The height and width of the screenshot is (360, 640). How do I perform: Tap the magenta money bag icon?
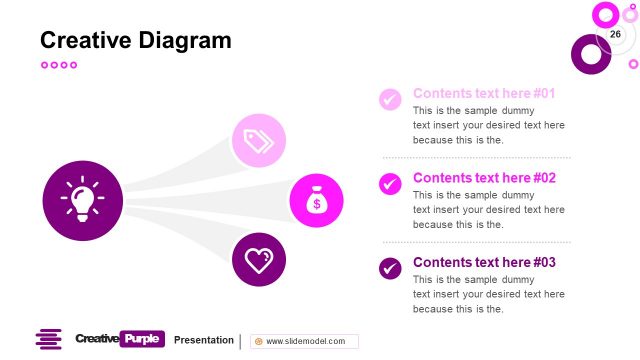[x=317, y=200]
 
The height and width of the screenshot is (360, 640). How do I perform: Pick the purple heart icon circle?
[x=259, y=260]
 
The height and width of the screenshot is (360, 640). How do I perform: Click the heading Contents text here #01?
[x=484, y=93]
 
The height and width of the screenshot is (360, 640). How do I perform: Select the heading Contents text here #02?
[x=484, y=178]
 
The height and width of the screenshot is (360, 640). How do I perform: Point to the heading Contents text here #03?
[x=484, y=262]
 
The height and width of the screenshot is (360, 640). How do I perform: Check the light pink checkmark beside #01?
[x=390, y=99]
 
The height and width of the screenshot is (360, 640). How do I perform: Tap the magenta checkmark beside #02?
[x=390, y=183]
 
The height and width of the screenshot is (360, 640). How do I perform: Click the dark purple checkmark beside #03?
[x=390, y=268]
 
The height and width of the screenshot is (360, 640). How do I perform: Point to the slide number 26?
[x=615, y=34]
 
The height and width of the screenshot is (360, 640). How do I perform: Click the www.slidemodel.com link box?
[x=304, y=341]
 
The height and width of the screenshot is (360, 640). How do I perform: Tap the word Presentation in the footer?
[x=204, y=340]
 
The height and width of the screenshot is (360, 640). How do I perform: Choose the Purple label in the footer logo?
[x=141, y=339]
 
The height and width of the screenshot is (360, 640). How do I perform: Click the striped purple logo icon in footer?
[x=48, y=340]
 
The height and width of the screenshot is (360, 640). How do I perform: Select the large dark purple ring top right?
[x=590, y=54]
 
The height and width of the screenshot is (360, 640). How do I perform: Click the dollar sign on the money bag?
[x=317, y=204]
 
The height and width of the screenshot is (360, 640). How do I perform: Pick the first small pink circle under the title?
[x=44, y=65]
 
